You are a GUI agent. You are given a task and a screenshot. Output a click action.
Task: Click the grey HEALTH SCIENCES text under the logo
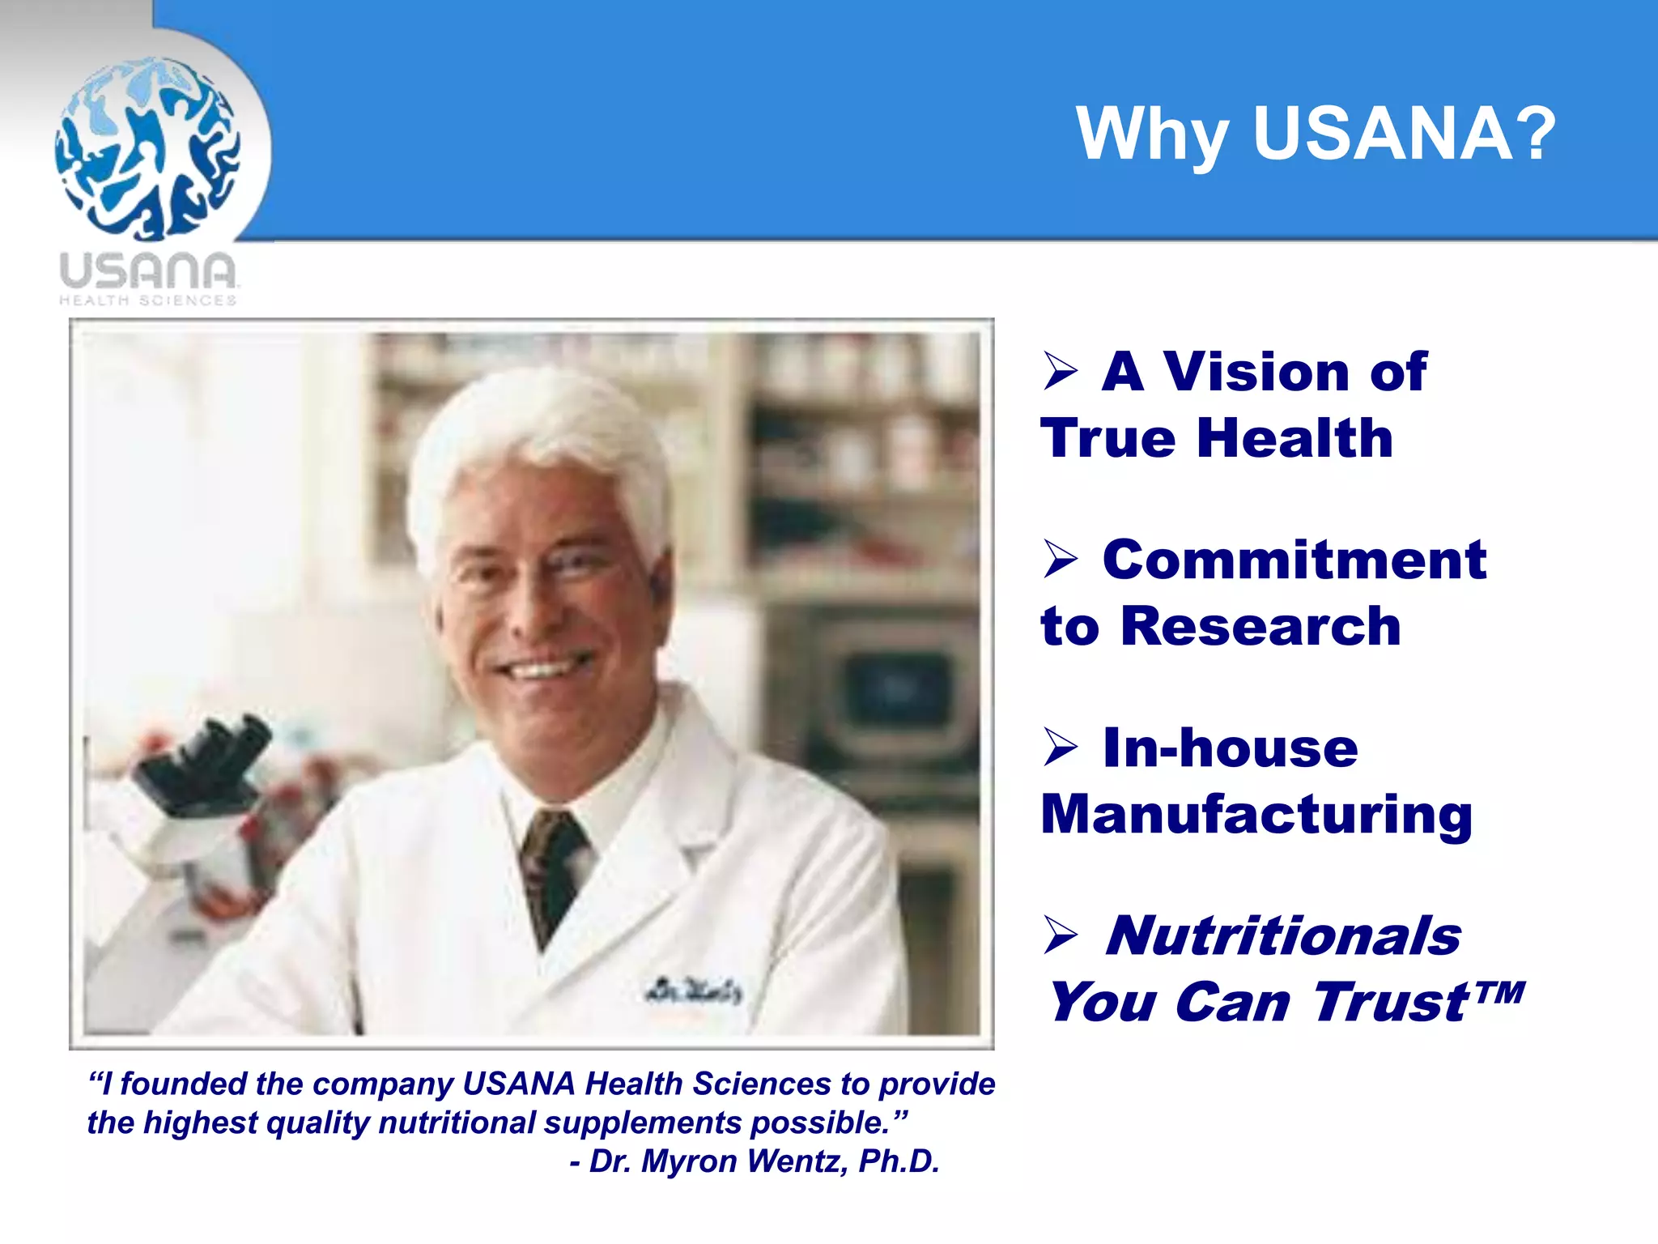[x=147, y=300]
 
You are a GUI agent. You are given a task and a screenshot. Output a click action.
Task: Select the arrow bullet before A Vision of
[x=1060, y=371]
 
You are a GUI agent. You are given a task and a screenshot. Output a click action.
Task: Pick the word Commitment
[x=1294, y=560]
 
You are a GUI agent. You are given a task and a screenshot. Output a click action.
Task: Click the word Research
[x=1260, y=627]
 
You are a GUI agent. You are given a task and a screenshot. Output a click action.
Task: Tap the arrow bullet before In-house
[x=1060, y=747]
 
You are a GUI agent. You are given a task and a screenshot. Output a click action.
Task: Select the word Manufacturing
[x=1256, y=815]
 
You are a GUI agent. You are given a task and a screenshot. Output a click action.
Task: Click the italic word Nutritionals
[x=1283, y=936]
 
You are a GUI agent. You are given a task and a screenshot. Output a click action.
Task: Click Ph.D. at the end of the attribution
[x=899, y=1161]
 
